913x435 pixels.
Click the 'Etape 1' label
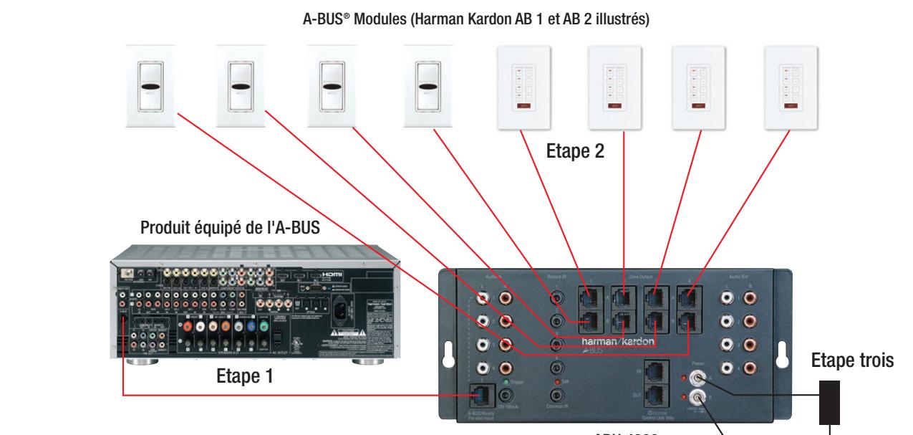247,376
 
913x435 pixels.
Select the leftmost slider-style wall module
150,86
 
